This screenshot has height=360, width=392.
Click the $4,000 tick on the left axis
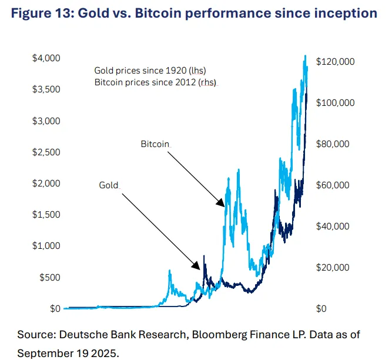pos(46,58)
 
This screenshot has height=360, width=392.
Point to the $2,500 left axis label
pos(46,152)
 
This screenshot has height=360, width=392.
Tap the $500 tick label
pos(50,277)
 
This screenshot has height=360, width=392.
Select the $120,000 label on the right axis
pos(335,62)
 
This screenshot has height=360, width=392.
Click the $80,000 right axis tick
pos(333,144)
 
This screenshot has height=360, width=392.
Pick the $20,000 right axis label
pos(333,268)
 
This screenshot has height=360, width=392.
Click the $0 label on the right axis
pos(321,308)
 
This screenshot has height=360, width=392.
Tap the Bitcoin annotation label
pos(155,144)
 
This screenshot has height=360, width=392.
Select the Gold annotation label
pos(109,185)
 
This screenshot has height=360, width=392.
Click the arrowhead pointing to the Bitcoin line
pos(222,203)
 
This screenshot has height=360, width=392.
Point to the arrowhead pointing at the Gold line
pos(197,266)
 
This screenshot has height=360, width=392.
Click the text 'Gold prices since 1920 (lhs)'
pos(150,71)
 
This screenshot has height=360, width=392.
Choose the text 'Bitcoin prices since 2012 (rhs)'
pos(155,82)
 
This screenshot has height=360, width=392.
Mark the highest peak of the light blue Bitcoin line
pos(305,56)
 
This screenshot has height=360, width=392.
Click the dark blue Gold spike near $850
pos(204,256)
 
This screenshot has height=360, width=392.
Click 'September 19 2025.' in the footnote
pos(68,354)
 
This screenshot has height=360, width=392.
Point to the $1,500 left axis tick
pos(46,214)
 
